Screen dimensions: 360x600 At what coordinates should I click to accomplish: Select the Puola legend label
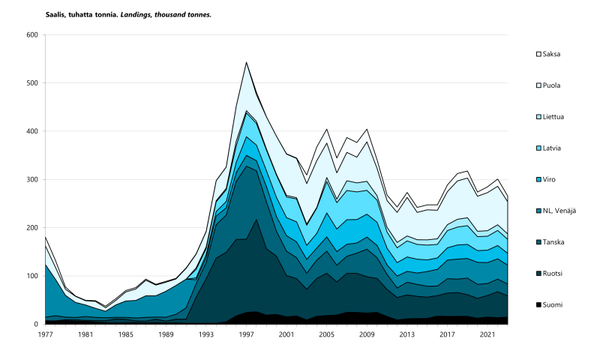[x=552, y=85]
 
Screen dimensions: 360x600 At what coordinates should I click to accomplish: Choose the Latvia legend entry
[x=553, y=148]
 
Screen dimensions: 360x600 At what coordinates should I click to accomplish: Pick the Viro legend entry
[x=550, y=179]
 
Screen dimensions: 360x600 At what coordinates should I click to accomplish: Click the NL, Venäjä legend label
[x=560, y=211]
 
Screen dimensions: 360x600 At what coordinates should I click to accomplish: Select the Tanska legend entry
[x=553, y=242]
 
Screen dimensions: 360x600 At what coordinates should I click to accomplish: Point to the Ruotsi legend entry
[x=553, y=274]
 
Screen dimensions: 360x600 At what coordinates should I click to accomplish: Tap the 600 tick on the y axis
[x=31, y=35]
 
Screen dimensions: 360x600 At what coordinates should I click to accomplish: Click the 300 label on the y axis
[x=31, y=180]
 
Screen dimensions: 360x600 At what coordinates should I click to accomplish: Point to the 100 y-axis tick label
[x=31, y=276]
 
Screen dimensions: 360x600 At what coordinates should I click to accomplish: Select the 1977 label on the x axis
[x=46, y=334]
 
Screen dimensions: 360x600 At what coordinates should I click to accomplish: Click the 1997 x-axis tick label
[x=247, y=334]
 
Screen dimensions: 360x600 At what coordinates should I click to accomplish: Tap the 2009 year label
[x=367, y=334]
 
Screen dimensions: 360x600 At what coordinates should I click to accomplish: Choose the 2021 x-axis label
[x=487, y=334]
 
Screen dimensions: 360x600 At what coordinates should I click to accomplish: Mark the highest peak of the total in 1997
[x=247, y=62]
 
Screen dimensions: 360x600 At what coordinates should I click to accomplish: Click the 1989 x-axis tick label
[x=166, y=334]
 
